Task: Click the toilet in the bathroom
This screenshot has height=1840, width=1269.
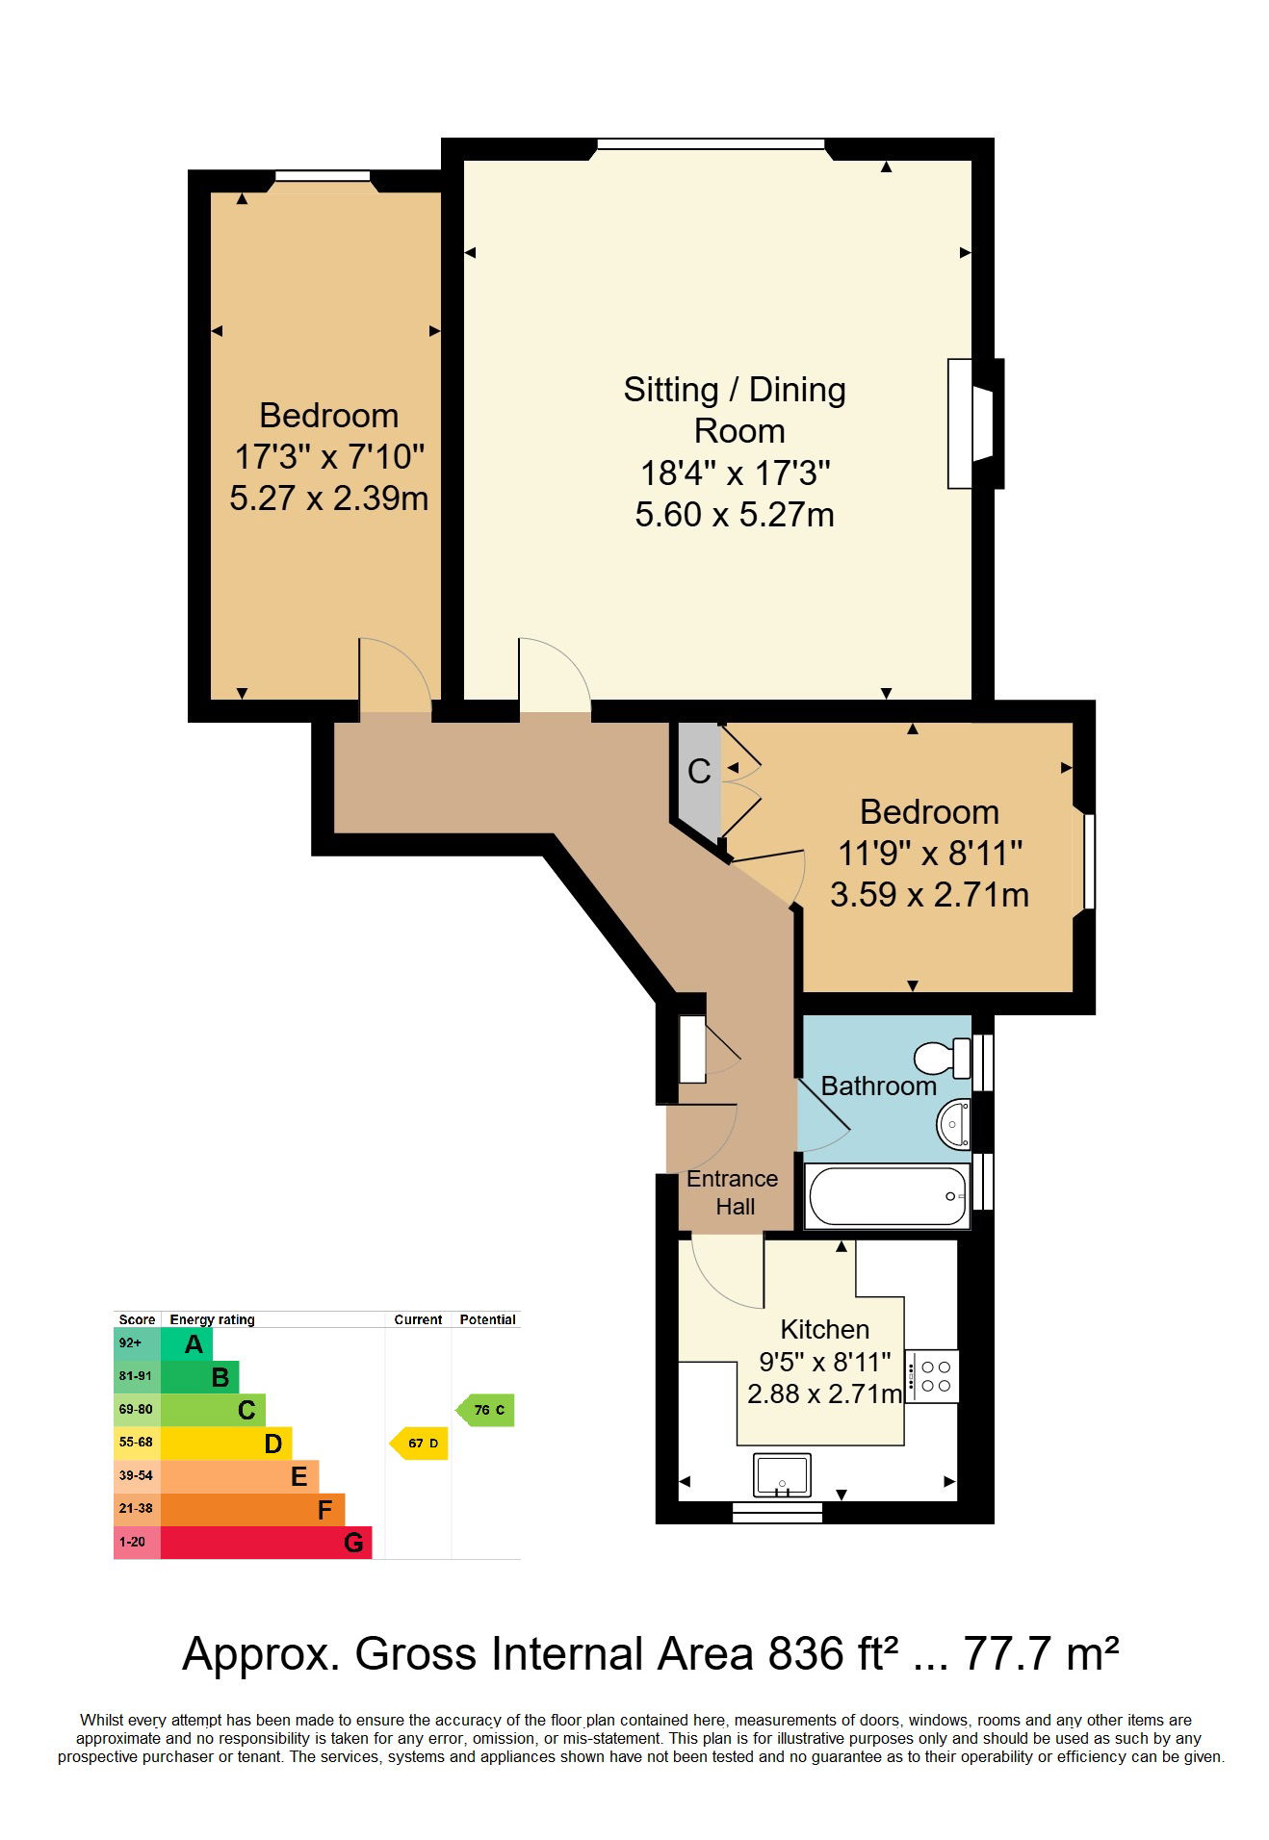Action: pyautogui.click(x=943, y=1058)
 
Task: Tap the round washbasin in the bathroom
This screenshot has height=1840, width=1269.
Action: pyautogui.click(x=954, y=1123)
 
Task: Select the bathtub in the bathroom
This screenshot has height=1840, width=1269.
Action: pyautogui.click(x=888, y=1195)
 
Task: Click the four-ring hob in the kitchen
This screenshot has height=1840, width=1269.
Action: pyautogui.click(x=932, y=1376)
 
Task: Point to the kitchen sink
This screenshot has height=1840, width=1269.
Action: pyautogui.click(x=782, y=1475)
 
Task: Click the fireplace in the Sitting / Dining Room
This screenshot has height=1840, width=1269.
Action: pyautogui.click(x=975, y=423)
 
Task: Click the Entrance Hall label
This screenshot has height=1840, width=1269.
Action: pyautogui.click(x=733, y=1192)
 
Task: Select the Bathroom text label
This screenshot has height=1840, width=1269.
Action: pyautogui.click(x=879, y=1086)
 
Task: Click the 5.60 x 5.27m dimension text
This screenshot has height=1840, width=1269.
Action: pyautogui.click(x=735, y=515)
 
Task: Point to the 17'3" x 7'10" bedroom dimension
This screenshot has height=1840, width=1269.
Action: pyautogui.click(x=329, y=456)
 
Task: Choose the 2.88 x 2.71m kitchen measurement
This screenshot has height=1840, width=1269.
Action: pyautogui.click(x=825, y=1393)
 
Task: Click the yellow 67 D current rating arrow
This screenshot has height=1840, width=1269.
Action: pyautogui.click(x=419, y=1443)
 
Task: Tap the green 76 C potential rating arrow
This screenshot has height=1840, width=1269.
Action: pyautogui.click(x=485, y=1410)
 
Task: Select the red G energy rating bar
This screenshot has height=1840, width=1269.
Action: pyautogui.click(x=266, y=1543)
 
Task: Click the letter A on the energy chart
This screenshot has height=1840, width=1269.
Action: pyautogui.click(x=194, y=1344)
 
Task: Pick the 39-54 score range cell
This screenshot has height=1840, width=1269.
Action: pyautogui.click(x=137, y=1476)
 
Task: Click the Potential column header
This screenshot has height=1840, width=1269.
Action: pyautogui.click(x=487, y=1319)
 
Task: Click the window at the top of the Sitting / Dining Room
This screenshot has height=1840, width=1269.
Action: pyautogui.click(x=711, y=144)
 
